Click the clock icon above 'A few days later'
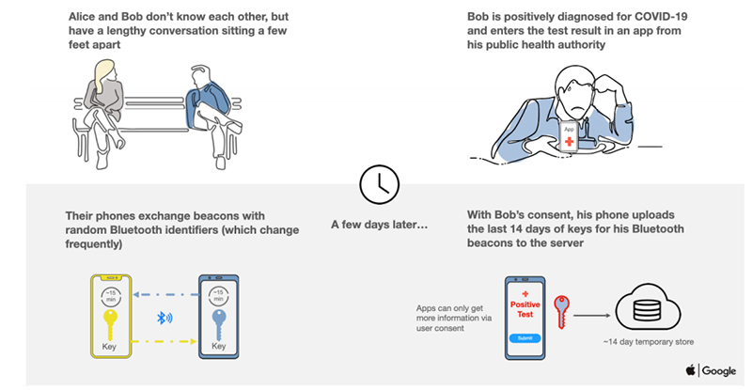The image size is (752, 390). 379,185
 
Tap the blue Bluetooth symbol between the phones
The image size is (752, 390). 164,318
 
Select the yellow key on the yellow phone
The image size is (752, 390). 110,325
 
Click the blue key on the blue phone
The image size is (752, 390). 219,325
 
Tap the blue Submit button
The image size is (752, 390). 525,338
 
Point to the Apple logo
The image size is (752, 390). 691,370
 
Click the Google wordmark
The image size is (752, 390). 719,371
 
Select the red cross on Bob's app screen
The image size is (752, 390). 570,142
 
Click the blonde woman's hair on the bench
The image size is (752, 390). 103,73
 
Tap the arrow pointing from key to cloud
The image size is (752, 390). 592,316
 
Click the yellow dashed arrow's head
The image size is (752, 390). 193,341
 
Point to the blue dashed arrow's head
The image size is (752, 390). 136,294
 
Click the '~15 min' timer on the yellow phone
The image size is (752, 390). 111,296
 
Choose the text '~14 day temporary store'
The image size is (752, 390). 649,342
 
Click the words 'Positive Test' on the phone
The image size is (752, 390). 525,309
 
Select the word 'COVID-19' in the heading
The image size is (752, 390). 661,17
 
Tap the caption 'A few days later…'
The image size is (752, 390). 379,225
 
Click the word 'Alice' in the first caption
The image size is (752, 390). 82,17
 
